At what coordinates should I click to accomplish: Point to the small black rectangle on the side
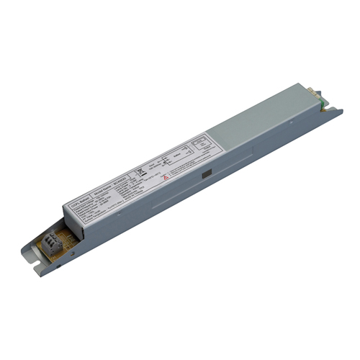[207, 173]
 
